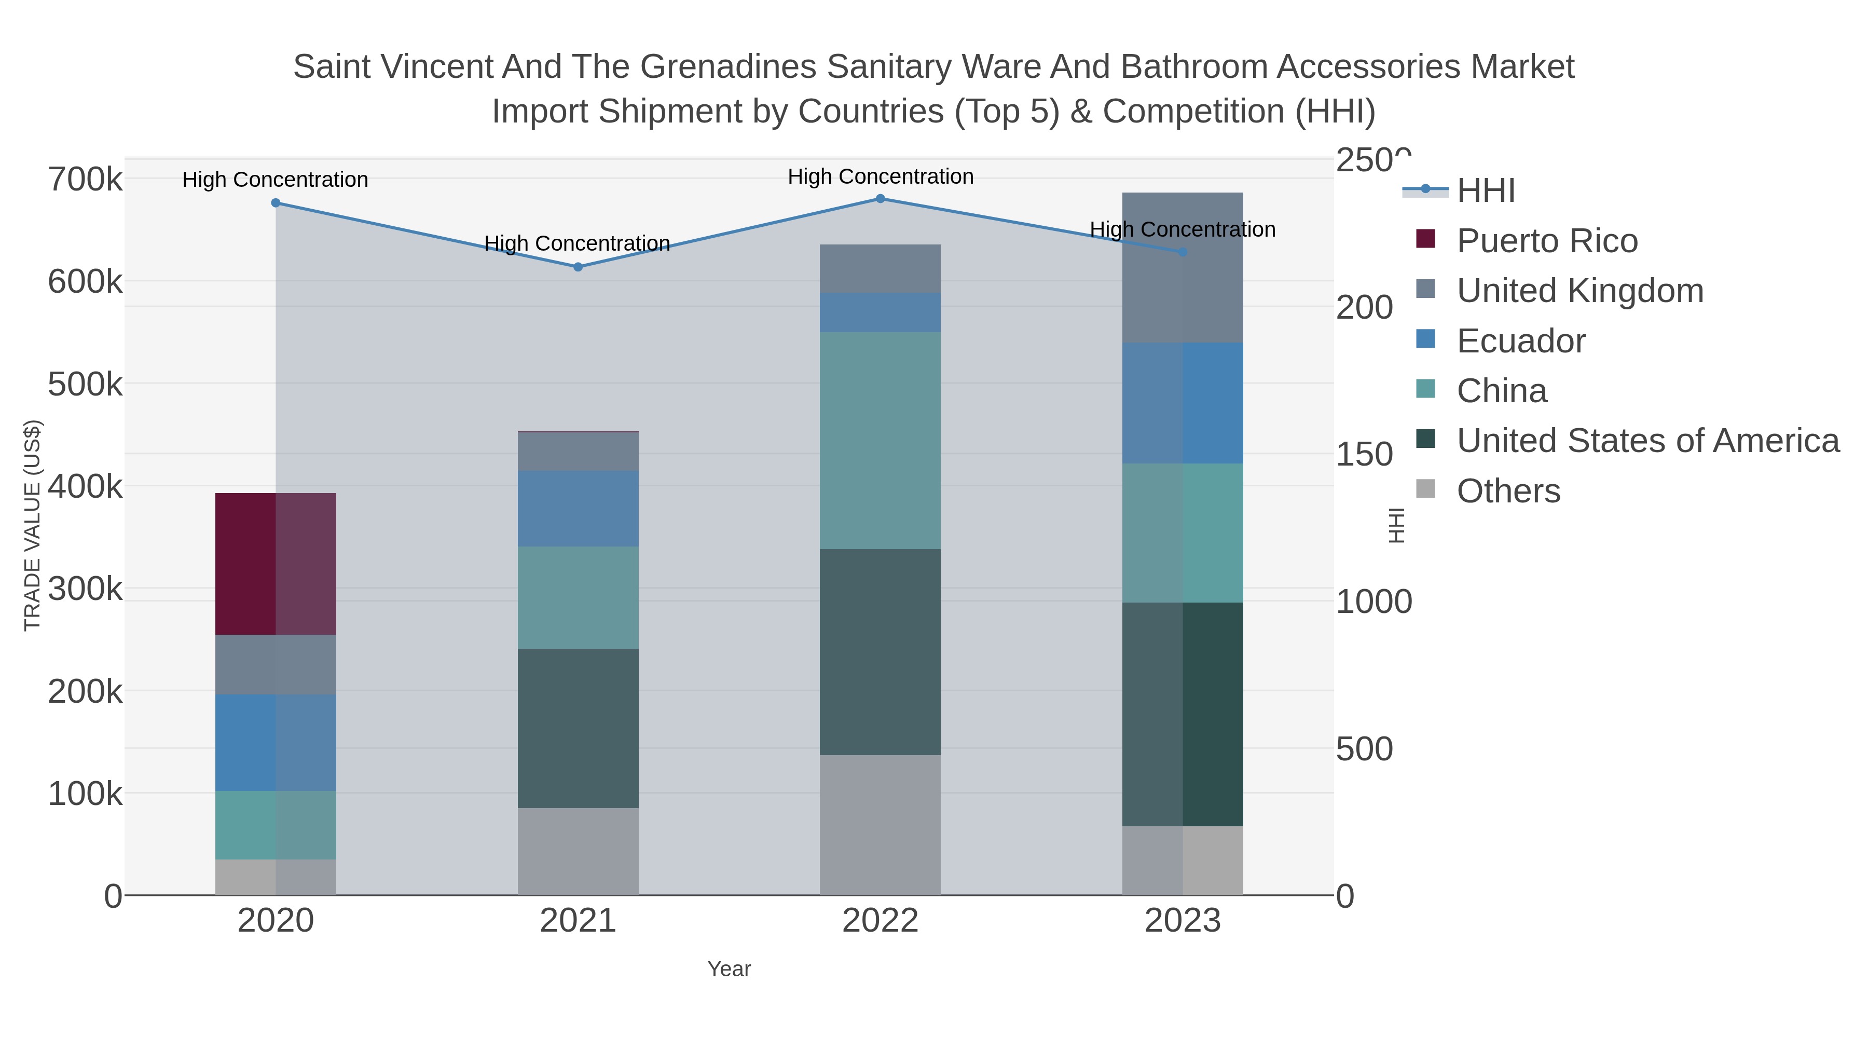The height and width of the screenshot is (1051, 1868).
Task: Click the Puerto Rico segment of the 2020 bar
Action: coord(276,564)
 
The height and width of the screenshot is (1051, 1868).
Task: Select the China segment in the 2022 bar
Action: coord(880,440)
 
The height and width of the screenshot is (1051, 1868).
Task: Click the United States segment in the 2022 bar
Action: coord(880,651)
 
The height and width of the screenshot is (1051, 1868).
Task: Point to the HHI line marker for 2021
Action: coord(578,267)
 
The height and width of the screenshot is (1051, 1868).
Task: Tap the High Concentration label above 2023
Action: coord(1182,229)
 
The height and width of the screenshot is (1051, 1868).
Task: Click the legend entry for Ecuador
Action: coord(1521,341)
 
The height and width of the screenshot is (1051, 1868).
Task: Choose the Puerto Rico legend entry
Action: coord(1547,241)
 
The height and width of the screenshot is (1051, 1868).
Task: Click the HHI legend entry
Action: coord(1485,191)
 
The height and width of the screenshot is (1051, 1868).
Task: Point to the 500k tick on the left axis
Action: coord(85,385)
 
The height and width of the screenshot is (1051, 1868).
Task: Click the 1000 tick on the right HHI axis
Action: coord(1373,602)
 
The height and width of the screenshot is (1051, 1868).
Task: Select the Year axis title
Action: coord(729,969)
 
